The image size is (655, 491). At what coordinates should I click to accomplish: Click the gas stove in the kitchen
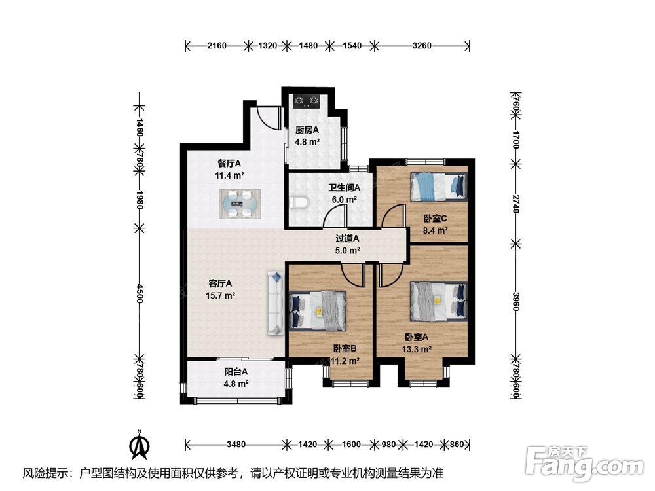coord(306,101)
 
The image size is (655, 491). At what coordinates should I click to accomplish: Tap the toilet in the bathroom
coord(299,202)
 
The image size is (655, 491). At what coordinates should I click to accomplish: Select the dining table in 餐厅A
coord(240,204)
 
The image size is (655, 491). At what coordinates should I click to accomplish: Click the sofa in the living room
coord(275,302)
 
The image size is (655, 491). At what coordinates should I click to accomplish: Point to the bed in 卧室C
coord(438,187)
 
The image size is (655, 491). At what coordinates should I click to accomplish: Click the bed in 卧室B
coord(318,311)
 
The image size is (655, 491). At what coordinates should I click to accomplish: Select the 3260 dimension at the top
coord(421,46)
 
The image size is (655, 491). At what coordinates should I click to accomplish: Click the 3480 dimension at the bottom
coord(236,445)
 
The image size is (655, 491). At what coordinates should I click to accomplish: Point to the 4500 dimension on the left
coord(140,294)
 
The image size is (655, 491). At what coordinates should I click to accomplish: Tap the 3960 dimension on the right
coord(515,300)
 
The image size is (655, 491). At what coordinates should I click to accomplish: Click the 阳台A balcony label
coord(236,371)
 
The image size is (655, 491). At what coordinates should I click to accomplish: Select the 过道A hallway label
coord(348,238)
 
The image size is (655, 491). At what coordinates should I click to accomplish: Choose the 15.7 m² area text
coord(220,296)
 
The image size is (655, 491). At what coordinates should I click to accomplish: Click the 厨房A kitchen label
coord(307,130)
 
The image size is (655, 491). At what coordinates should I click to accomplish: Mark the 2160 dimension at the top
coord(217,46)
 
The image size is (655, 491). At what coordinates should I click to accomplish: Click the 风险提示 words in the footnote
coord(45,473)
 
